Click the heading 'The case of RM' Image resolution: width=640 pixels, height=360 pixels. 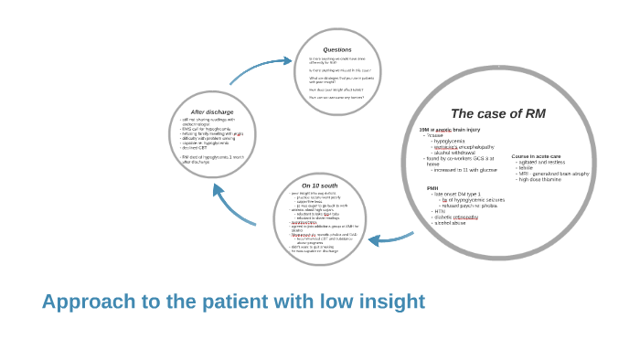497,114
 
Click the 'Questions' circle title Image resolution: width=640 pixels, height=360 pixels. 337,49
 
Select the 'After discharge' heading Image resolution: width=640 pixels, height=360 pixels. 211,111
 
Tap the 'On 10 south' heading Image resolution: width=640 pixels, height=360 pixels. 319,185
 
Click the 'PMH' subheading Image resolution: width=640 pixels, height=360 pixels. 432,188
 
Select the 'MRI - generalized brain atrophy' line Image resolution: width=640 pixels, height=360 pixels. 554,173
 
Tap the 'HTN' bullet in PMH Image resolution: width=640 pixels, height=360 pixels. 440,211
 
